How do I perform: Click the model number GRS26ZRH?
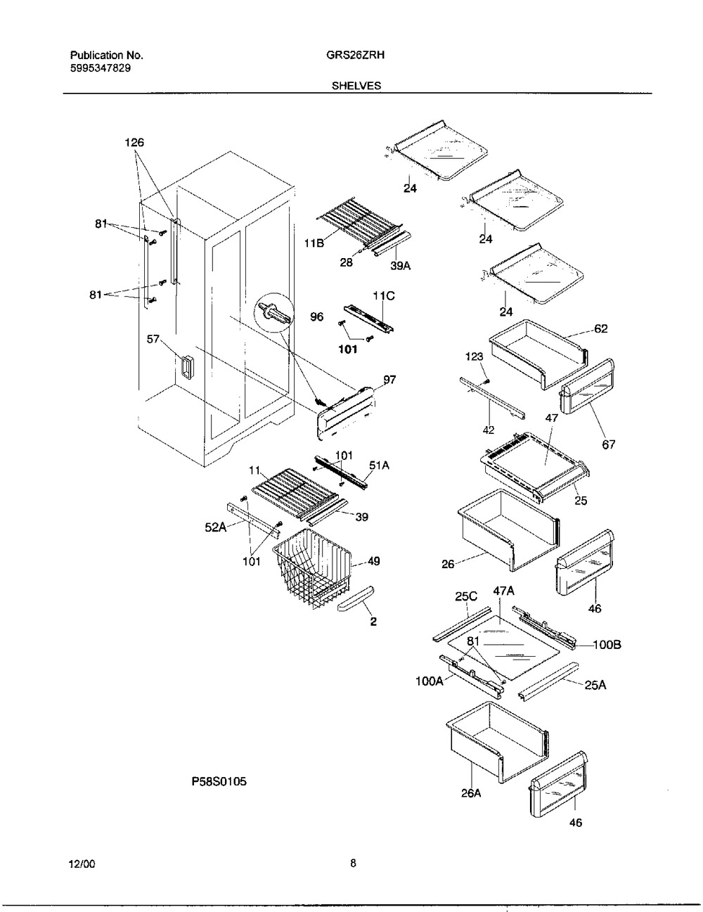point(355,55)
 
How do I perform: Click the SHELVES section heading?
point(356,86)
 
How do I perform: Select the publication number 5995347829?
point(99,68)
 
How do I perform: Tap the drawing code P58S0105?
point(219,781)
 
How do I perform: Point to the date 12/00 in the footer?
point(82,865)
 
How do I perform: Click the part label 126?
point(134,143)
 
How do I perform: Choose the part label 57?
point(153,340)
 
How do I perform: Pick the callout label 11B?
point(314,244)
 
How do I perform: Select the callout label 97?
point(389,380)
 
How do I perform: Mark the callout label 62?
point(600,328)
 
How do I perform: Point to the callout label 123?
point(475,357)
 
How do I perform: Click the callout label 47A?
point(503,593)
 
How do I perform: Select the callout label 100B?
point(607,644)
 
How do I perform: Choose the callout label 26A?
point(471,793)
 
